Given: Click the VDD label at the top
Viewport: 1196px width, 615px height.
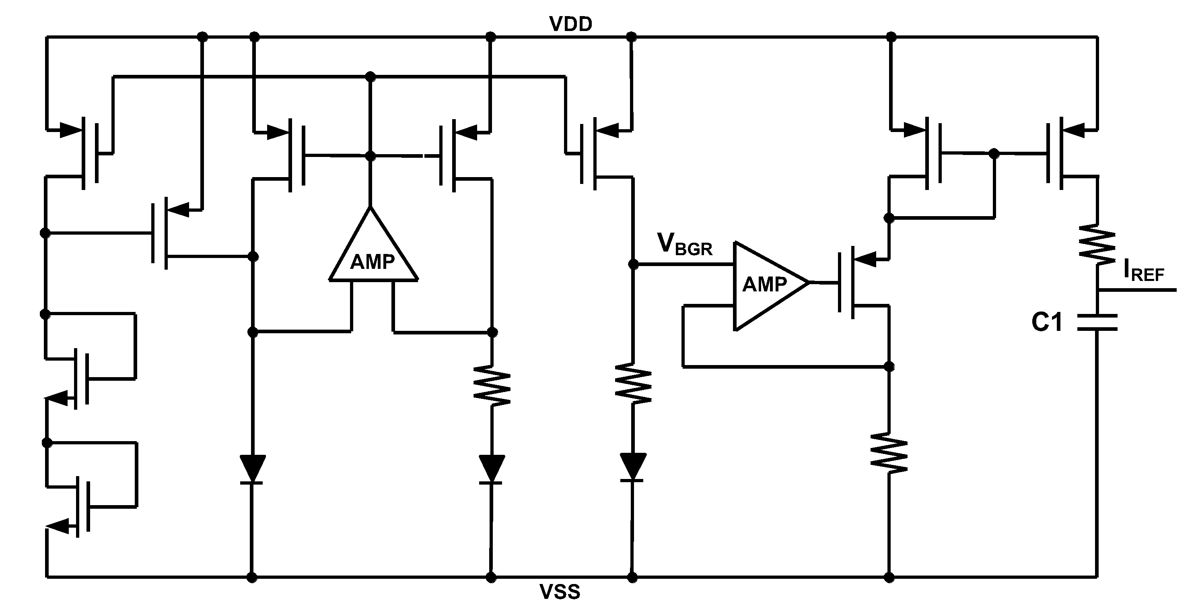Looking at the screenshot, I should tap(570, 24).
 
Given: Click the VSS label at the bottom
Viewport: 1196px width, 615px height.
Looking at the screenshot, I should tap(560, 592).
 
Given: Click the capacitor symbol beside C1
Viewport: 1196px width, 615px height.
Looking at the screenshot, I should tap(1097, 322).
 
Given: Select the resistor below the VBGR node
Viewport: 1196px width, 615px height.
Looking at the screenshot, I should tap(633, 384).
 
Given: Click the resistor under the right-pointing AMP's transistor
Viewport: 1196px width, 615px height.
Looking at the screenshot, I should tap(889, 453).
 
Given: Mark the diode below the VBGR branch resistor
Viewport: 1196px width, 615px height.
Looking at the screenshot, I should tap(633, 467).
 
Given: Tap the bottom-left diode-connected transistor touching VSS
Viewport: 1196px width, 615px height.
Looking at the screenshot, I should tap(79, 506).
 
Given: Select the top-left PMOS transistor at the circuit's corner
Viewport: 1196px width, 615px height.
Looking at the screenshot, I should tap(88, 153).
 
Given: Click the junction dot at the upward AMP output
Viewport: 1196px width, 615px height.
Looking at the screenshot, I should tap(370, 156).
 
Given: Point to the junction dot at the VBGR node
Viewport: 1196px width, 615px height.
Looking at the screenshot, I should tap(633, 264).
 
